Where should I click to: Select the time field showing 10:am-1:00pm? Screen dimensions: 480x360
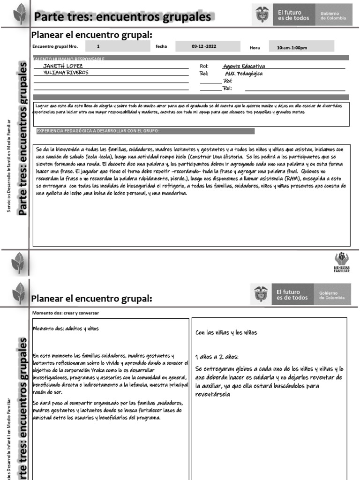click(x=292, y=48)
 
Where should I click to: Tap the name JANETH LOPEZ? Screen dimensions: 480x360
click(x=63, y=67)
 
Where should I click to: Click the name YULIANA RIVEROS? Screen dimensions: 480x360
click(x=66, y=73)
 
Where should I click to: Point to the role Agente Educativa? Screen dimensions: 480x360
click(x=244, y=67)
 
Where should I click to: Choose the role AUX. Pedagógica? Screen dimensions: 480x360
click(x=244, y=74)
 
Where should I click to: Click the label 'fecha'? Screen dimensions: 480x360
click(x=161, y=47)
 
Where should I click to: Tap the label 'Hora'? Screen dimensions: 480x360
click(x=255, y=48)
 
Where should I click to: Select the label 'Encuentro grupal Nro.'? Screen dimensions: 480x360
click(x=55, y=47)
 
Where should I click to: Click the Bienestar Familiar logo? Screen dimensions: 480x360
click(x=341, y=263)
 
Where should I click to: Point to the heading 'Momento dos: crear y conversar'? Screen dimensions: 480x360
click(x=66, y=313)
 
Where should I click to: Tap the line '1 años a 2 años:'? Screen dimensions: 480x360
click(x=217, y=356)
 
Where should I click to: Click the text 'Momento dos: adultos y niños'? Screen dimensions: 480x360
click(x=66, y=329)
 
